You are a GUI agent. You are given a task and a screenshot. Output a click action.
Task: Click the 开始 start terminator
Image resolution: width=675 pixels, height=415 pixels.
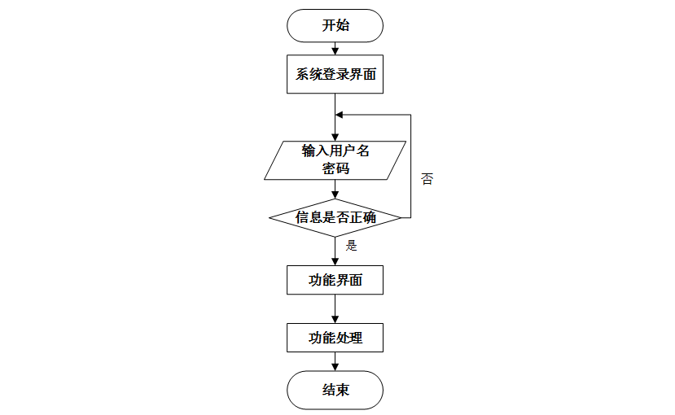coord(335,25)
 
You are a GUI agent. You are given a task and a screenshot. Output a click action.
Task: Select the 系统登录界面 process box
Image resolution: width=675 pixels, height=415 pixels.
coord(335,75)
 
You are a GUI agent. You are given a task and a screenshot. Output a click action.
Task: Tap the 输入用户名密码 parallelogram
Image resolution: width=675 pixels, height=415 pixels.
coord(335,159)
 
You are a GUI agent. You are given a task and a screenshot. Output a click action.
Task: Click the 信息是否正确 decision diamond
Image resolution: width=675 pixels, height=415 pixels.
coord(335,217)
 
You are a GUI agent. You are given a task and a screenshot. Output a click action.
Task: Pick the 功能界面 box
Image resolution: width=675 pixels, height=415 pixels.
coord(335,281)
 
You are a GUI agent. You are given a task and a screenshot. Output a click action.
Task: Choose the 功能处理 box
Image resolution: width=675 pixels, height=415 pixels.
coord(335,338)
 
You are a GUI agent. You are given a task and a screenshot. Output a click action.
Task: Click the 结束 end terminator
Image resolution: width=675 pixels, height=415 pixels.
coord(335,390)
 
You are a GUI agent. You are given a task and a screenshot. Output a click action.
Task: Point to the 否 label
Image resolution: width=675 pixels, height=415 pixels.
coord(427,179)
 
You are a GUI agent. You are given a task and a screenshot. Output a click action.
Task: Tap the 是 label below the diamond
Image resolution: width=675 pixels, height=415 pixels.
coord(352,244)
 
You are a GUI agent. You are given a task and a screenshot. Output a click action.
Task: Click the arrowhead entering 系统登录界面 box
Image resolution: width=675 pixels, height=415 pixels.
coord(335,51)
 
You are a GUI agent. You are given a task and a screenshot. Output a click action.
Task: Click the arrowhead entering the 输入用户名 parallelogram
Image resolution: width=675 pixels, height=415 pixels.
coord(335,137)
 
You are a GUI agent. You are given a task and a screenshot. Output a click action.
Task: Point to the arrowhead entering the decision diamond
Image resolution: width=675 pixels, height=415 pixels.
coord(335,194)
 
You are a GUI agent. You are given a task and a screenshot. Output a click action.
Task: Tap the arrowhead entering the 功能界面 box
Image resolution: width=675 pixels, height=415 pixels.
coord(335,261)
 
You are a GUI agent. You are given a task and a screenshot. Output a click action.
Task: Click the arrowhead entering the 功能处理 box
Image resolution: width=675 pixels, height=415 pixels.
coord(335,318)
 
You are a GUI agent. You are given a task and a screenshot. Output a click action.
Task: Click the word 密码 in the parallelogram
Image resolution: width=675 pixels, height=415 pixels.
coord(335,168)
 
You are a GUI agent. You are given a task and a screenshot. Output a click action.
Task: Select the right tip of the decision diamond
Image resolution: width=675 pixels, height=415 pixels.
coord(400,217)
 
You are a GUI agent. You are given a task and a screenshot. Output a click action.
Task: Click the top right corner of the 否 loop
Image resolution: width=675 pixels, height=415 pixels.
coord(410,115)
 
